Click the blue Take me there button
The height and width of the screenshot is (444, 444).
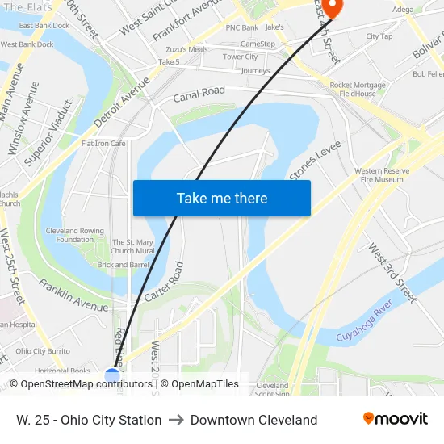click(221, 198)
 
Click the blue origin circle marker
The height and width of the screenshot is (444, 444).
click(112, 375)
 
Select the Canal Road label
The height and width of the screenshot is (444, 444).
click(199, 94)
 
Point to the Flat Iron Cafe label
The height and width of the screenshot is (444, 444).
click(103, 144)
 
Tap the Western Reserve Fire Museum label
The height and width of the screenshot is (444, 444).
click(379, 175)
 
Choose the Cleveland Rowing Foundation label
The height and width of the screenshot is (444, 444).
click(75, 235)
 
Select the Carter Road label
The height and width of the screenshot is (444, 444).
click(164, 282)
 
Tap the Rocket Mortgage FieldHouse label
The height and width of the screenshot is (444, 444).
click(358, 89)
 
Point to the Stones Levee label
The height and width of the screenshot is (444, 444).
click(316, 161)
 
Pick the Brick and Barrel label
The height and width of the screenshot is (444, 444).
click(123, 265)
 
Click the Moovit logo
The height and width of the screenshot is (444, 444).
click(396, 419)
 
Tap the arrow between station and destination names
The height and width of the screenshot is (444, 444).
click(176, 420)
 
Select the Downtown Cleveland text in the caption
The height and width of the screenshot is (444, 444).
click(253, 420)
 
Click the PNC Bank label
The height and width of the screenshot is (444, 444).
click(242, 27)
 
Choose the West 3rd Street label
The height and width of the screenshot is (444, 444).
click(392, 274)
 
